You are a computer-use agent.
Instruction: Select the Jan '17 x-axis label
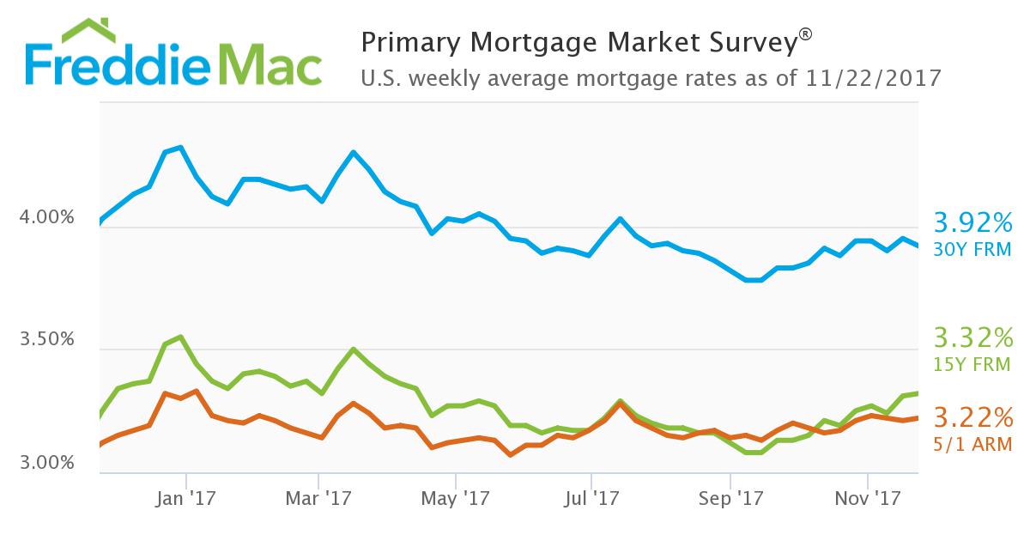[x=187, y=497]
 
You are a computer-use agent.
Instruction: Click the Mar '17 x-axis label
[x=318, y=497]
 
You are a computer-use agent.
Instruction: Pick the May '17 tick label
[x=456, y=497]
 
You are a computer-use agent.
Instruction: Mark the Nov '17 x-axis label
[x=867, y=497]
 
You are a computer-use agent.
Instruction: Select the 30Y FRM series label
[x=973, y=249]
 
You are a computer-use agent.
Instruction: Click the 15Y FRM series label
[x=973, y=365]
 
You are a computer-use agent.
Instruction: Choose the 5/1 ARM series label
[x=973, y=444]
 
